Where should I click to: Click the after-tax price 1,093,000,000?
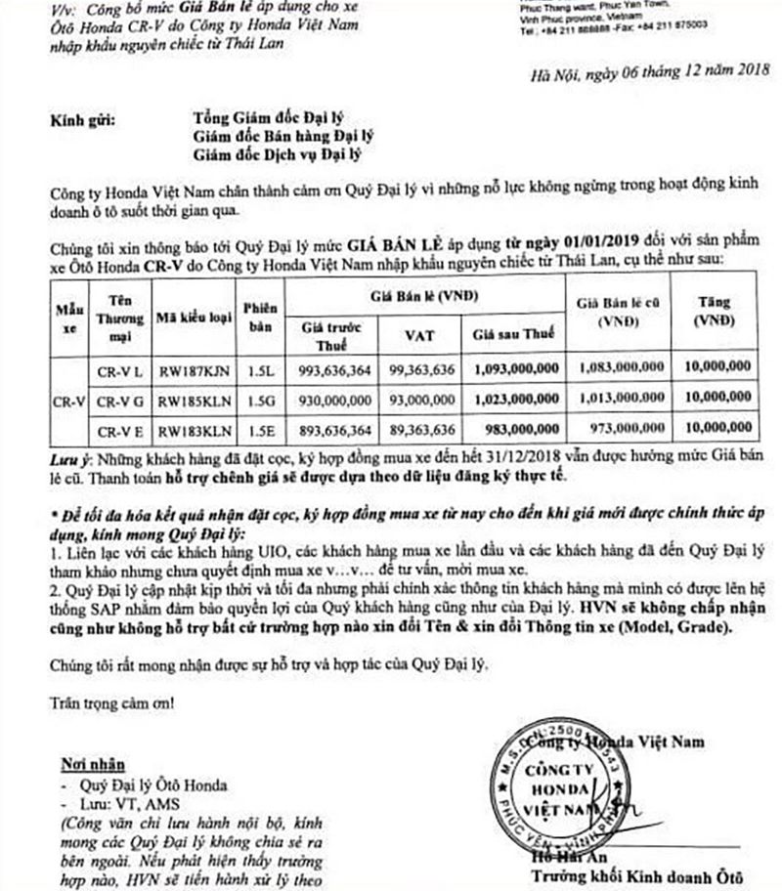click(517, 369)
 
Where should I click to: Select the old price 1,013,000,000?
click(618, 399)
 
